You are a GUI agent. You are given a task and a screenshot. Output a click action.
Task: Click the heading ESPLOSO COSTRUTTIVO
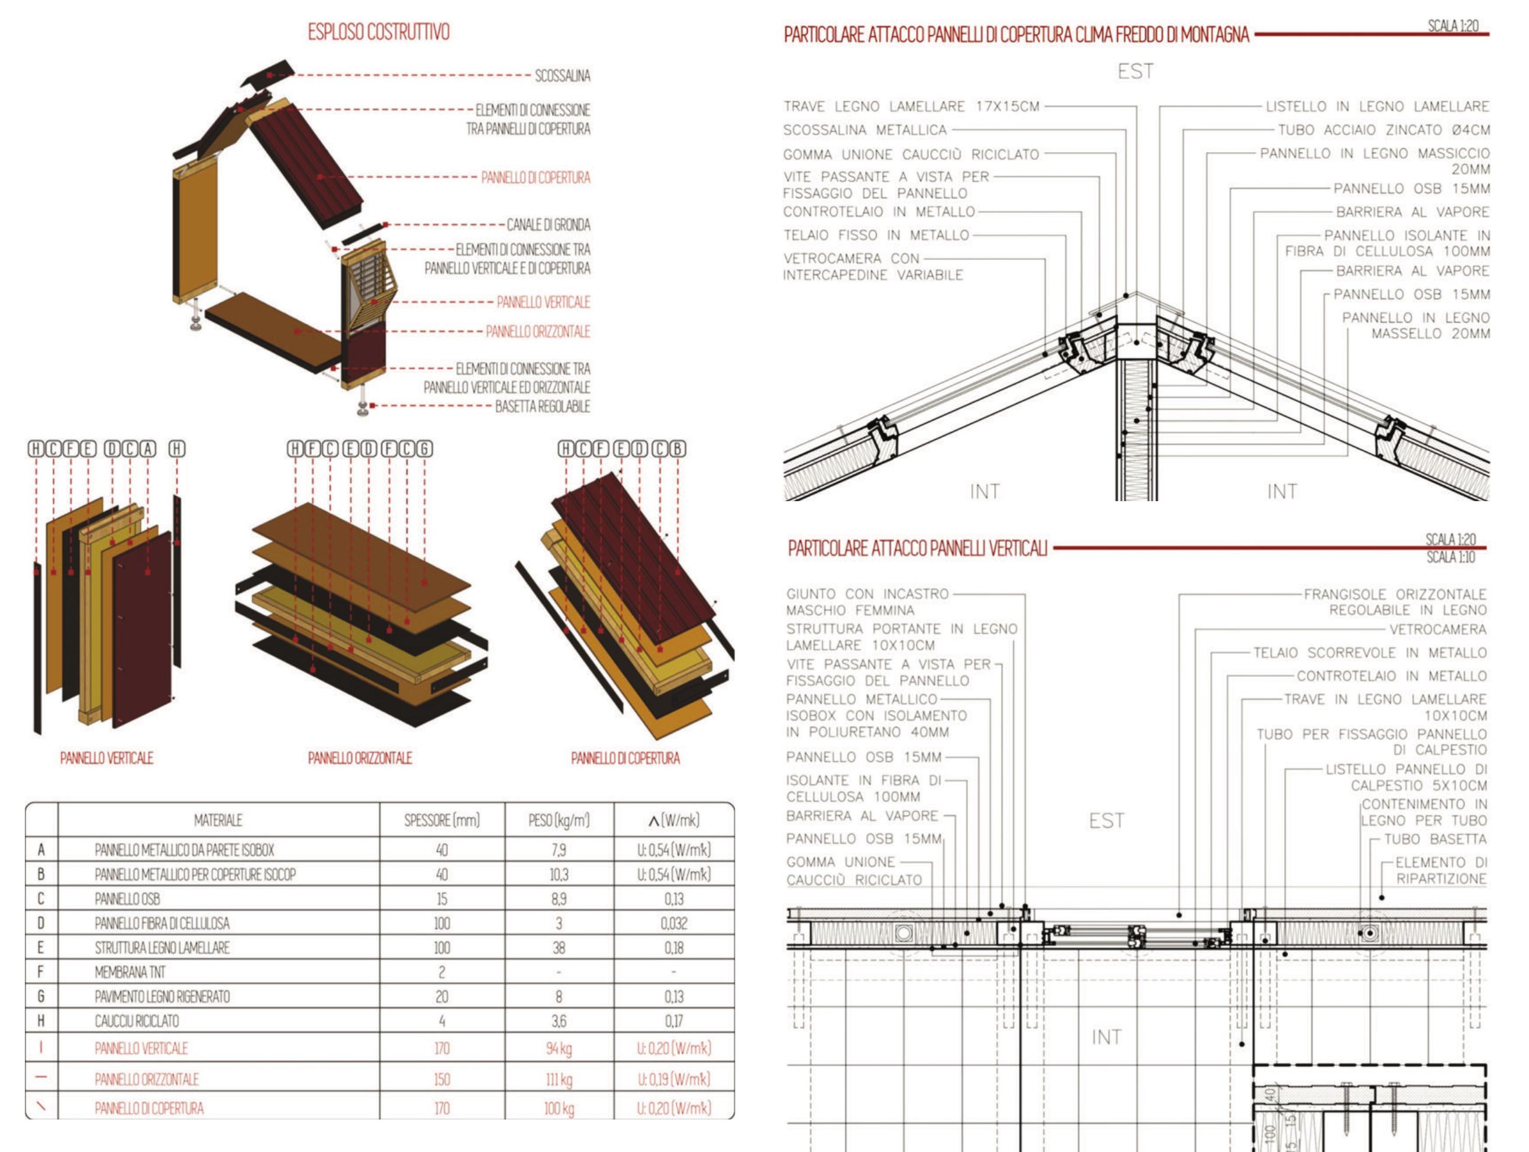coord(378,32)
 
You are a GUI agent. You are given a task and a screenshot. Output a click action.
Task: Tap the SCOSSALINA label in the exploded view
coord(562,75)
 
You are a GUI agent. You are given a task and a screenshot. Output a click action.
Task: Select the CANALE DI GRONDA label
coord(548,225)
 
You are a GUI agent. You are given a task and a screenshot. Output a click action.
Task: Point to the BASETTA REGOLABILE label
coord(542,406)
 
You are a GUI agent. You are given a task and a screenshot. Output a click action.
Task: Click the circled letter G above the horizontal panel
coord(424,449)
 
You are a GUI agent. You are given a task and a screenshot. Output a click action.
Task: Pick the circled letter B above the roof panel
coord(678,449)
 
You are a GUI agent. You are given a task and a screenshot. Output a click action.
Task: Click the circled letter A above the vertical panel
coord(148,449)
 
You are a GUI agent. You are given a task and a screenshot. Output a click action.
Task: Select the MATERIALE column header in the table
coord(218,820)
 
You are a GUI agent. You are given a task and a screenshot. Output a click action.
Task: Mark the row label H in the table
coord(41,1021)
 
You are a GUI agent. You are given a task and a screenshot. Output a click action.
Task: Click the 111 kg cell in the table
coord(559,1079)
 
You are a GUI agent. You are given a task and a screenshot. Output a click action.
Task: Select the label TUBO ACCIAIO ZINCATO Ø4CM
coord(1383,130)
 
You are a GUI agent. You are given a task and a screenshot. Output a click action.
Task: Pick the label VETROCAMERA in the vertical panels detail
coord(1438,630)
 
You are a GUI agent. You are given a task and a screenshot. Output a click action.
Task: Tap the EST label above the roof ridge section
coord(1135,71)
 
